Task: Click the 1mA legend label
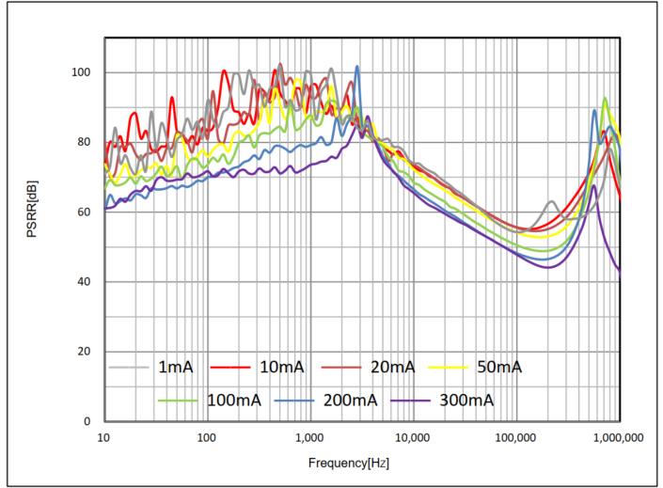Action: (175, 367)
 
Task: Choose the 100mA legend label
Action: (233, 400)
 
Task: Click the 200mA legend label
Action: (349, 400)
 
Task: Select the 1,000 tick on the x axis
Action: (310, 438)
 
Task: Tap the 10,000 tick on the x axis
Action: (412, 438)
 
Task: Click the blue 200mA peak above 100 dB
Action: (357, 67)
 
